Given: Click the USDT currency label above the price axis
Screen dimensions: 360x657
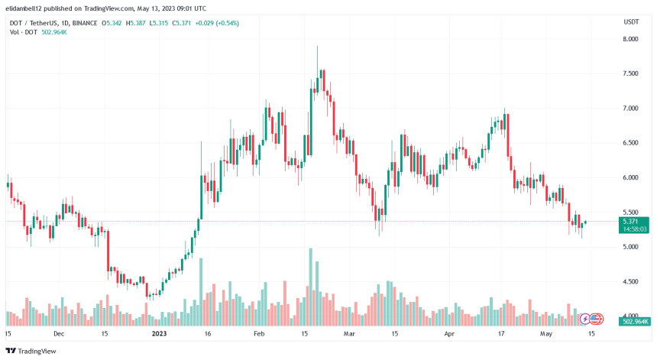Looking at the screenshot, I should coord(631,21).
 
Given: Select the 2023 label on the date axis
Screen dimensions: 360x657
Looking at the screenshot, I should coord(159,334).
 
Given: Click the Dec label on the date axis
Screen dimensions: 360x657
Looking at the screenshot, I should coord(59,334).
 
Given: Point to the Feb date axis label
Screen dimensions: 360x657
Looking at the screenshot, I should coord(258,334).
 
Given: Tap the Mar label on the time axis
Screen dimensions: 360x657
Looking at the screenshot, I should coord(349,334).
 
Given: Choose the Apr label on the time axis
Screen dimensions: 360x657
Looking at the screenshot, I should coord(448,334).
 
